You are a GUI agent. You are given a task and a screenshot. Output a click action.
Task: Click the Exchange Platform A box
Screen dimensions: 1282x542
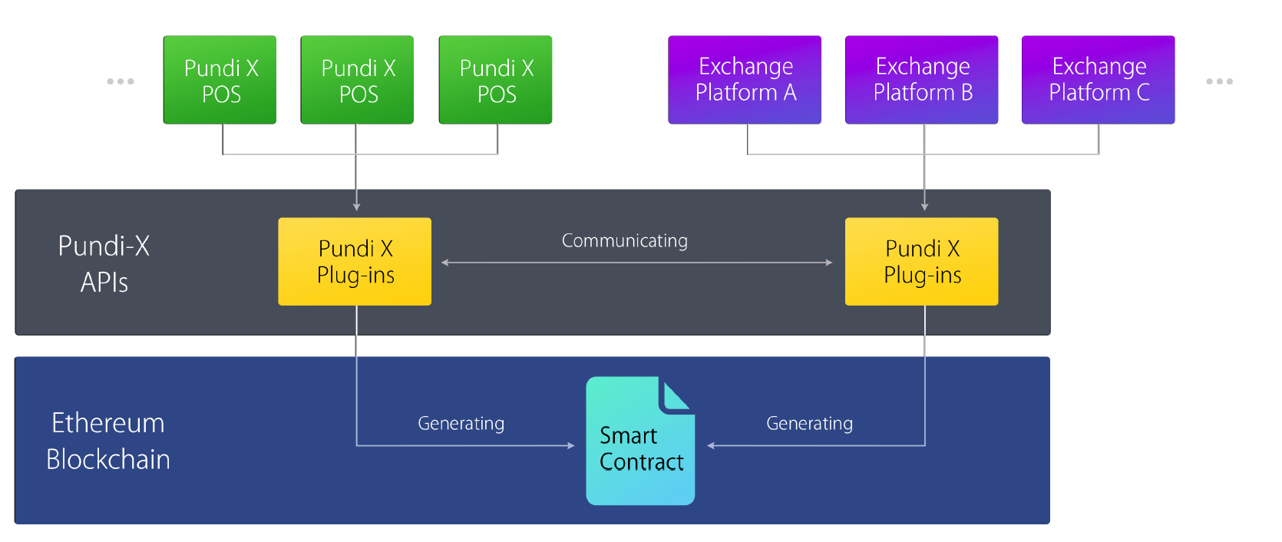pyautogui.click(x=745, y=80)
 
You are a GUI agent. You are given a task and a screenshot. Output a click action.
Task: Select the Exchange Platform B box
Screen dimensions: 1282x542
pyautogui.click(x=921, y=80)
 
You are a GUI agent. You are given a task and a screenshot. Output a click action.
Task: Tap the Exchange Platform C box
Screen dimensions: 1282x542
pyautogui.click(x=1099, y=80)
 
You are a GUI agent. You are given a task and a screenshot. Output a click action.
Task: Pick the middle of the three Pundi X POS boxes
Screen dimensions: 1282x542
pyautogui.click(x=357, y=80)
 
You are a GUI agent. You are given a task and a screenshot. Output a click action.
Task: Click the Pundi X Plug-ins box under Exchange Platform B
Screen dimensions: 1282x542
pyautogui.click(x=921, y=262)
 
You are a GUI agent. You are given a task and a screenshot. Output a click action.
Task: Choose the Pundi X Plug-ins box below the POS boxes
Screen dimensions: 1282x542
pyautogui.click(x=355, y=262)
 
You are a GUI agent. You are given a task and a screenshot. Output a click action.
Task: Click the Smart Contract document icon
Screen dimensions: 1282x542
pyautogui.click(x=640, y=441)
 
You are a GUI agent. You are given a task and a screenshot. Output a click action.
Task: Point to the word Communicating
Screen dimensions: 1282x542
pyautogui.click(x=624, y=241)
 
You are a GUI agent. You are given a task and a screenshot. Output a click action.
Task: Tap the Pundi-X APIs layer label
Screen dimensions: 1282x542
pyautogui.click(x=104, y=264)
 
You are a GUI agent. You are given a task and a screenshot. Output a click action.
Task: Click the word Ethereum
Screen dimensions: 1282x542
pyautogui.click(x=108, y=423)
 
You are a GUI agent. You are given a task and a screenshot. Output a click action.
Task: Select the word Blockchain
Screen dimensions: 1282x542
pyautogui.click(x=108, y=459)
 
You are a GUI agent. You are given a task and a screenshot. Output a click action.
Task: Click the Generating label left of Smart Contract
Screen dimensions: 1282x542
pyautogui.click(x=461, y=424)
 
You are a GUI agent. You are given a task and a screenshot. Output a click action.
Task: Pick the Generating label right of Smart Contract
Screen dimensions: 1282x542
pyautogui.click(x=809, y=424)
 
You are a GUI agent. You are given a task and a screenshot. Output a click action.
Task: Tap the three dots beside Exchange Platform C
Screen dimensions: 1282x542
pyautogui.click(x=1219, y=81)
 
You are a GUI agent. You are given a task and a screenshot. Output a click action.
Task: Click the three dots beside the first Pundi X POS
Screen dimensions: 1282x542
pyautogui.click(x=121, y=81)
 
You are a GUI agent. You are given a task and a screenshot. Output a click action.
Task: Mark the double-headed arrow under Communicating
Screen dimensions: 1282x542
pyautogui.click(x=637, y=263)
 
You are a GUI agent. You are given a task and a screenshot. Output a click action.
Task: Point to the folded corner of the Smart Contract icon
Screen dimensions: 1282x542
pyautogui.click(x=676, y=395)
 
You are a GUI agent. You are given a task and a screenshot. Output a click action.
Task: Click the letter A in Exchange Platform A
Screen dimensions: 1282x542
pyautogui.click(x=790, y=93)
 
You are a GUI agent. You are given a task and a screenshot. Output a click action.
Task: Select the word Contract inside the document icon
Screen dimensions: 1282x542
pyautogui.click(x=642, y=462)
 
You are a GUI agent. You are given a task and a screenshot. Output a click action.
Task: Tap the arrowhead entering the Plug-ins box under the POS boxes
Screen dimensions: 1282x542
pyautogui.click(x=356, y=207)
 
